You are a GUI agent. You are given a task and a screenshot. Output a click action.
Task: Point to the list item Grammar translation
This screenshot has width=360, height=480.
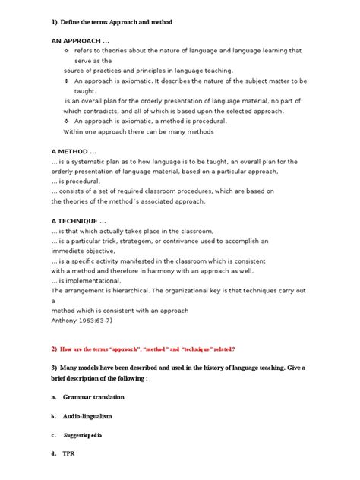pyautogui.click(x=94, y=397)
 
